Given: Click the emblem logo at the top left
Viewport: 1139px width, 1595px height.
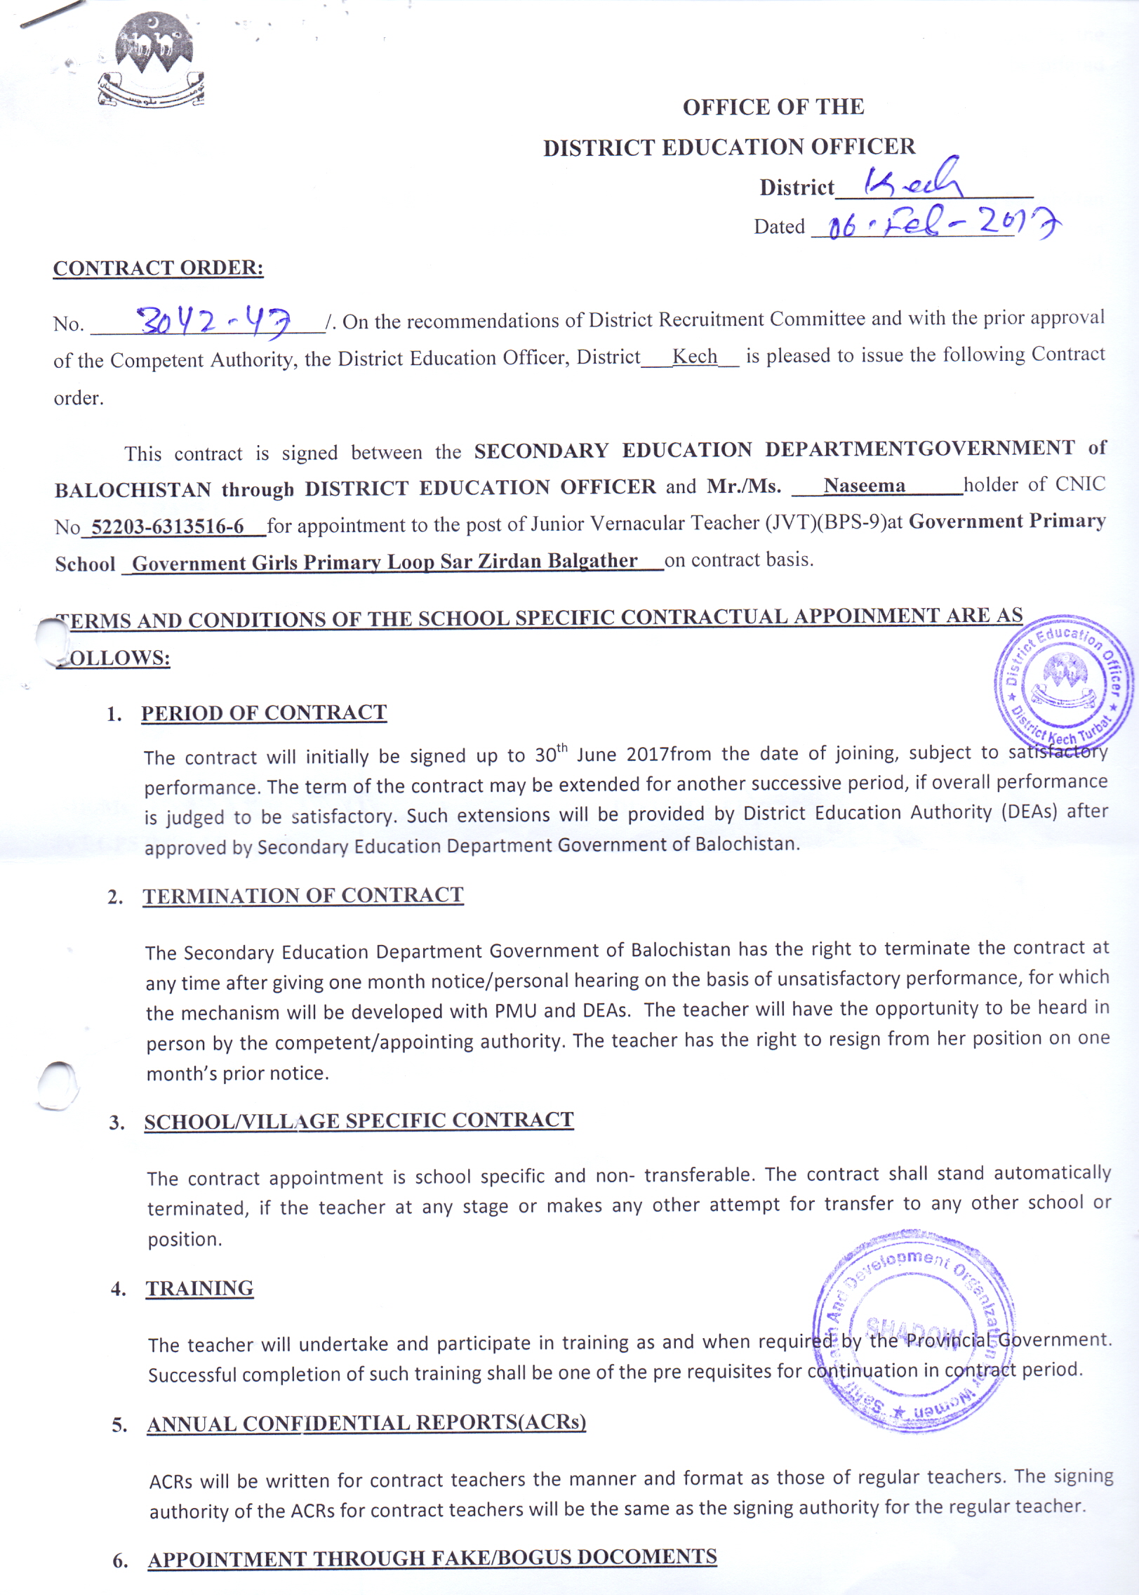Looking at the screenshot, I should [152, 62].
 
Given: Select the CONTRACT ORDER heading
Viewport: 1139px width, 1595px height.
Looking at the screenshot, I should [158, 268].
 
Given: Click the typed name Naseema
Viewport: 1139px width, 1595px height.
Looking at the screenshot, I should [864, 486].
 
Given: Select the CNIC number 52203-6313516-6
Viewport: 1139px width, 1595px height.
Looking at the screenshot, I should [168, 526].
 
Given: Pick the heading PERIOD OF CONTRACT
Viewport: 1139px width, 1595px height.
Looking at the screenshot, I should [263, 713].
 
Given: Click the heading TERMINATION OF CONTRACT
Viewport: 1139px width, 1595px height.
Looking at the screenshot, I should [302, 895].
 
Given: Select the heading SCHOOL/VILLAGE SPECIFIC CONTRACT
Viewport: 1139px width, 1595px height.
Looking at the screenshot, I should [359, 1120].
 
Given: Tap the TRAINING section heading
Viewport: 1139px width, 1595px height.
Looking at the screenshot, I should [199, 1288].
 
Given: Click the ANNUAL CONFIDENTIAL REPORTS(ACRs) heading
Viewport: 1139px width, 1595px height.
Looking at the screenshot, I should [366, 1422].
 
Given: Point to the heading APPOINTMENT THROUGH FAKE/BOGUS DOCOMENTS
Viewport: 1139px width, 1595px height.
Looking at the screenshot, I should [432, 1558].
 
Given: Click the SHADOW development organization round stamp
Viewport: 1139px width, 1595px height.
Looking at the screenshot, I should [912, 1331].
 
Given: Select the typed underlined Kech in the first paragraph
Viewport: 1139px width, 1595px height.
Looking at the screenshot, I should [694, 357].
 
